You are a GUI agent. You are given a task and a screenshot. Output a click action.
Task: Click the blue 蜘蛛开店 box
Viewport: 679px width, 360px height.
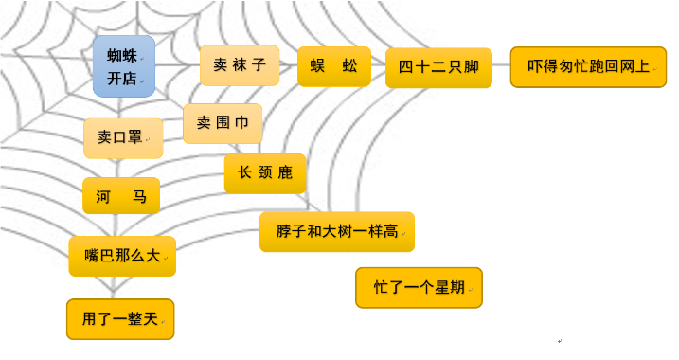[x=124, y=65]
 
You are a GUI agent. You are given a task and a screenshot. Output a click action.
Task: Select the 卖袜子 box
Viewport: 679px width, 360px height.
[x=240, y=65]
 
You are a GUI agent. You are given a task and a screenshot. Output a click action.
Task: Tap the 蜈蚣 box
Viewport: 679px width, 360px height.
[x=333, y=66]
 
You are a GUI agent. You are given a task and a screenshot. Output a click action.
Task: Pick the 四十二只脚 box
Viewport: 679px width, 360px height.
[x=438, y=67]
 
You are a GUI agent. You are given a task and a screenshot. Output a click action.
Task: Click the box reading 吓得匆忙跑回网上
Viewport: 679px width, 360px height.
[x=588, y=66]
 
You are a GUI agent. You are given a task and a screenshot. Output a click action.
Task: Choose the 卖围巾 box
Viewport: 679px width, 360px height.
[x=223, y=123]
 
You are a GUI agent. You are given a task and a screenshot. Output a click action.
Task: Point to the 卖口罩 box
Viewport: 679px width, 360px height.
[x=122, y=137]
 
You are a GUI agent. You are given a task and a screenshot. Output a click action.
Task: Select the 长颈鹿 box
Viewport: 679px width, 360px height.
[x=265, y=173]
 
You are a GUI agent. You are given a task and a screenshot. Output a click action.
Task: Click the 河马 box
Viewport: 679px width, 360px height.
[x=121, y=196]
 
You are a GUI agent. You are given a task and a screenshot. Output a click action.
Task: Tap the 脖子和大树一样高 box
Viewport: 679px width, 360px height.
[x=337, y=231]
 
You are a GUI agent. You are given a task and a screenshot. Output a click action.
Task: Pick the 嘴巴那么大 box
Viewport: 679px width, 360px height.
[x=122, y=256]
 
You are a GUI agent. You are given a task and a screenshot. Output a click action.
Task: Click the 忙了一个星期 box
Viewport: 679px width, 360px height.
[x=419, y=287]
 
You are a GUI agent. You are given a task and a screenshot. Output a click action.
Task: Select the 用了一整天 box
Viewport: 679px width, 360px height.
[x=120, y=319]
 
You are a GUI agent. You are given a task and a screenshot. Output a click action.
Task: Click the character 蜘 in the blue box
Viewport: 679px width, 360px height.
[x=116, y=55]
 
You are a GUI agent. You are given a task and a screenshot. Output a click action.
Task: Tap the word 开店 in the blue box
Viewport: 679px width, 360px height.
[x=122, y=78]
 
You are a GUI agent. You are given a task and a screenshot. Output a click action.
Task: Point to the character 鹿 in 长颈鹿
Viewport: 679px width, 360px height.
[x=286, y=173]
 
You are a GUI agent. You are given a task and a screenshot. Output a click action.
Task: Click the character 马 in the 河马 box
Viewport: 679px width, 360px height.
[x=139, y=196]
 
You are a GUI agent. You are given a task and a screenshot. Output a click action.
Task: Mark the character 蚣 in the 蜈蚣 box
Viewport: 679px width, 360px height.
[x=349, y=66]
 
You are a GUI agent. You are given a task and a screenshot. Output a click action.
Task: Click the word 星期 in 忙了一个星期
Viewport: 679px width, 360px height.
[x=449, y=287]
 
